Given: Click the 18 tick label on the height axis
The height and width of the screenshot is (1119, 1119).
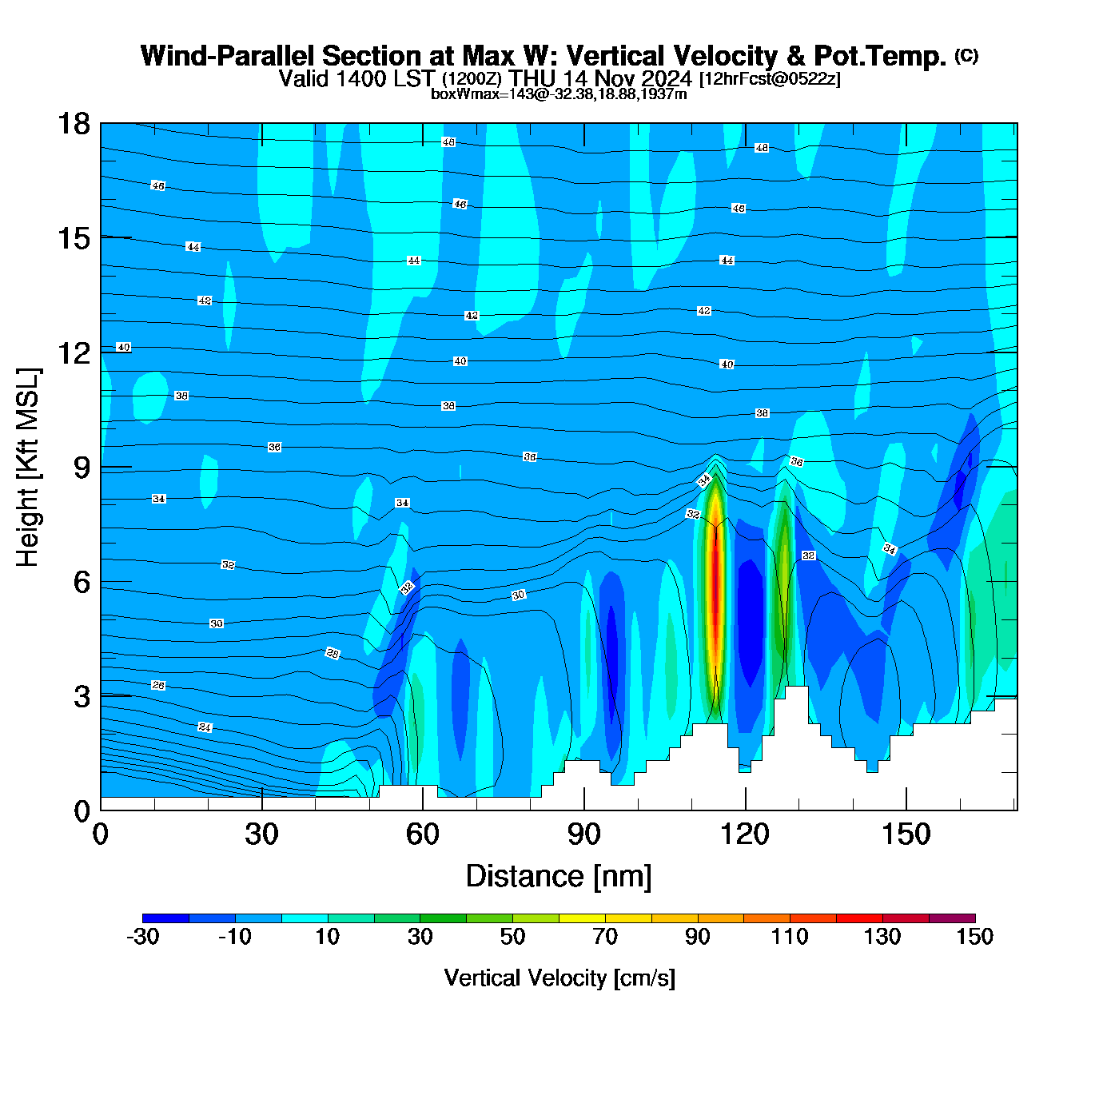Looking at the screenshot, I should [x=73, y=124].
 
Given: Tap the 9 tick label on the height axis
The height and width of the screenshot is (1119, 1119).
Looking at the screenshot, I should [x=82, y=468].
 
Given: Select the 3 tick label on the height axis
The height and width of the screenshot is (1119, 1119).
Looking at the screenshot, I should [x=82, y=697].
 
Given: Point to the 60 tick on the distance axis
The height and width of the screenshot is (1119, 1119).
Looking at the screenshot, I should [x=423, y=834].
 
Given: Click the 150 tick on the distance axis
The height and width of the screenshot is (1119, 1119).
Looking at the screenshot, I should [x=906, y=834].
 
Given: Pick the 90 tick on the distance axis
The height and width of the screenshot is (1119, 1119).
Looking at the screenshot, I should [x=584, y=834].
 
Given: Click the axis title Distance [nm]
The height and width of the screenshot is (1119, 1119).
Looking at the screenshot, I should [x=559, y=877].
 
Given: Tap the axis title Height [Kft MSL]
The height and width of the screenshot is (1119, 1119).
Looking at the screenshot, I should [x=28, y=468].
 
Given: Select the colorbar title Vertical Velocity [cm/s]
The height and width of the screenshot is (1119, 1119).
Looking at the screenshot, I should [x=559, y=978].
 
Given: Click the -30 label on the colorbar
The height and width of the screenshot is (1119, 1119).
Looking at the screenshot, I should [x=143, y=937].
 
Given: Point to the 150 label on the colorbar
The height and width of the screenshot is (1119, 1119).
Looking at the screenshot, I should [x=974, y=937].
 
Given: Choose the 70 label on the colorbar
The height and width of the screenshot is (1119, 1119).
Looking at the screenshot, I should [x=605, y=937].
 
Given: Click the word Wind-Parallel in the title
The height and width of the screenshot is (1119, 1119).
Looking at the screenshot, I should [x=228, y=56].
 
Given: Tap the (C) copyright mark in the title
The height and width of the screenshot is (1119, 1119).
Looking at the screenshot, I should [x=966, y=55].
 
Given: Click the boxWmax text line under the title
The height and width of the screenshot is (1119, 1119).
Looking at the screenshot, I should [x=559, y=94].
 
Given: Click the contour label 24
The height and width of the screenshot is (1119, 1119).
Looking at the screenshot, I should [x=205, y=727].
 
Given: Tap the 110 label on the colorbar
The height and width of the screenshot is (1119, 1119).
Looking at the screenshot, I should [x=790, y=937].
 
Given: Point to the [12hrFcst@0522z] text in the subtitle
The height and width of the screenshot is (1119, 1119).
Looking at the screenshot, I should [x=770, y=79].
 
